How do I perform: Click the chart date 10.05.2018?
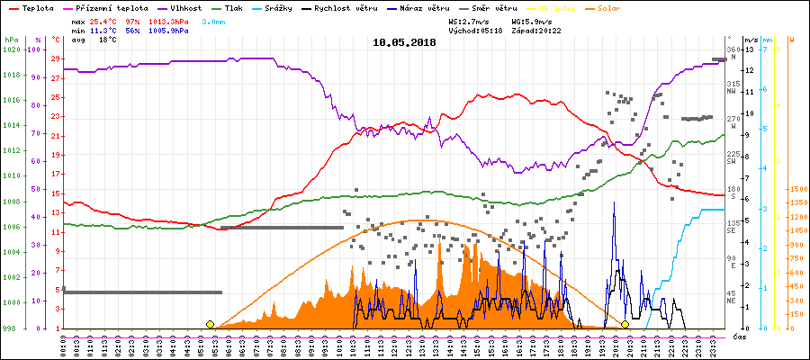pyautogui.click(x=404, y=42)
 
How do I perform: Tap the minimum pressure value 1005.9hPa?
pyautogui.click(x=169, y=31)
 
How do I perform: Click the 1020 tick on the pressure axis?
pyautogui.click(x=11, y=49)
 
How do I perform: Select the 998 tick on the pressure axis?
pyautogui.click(x=11, y=328)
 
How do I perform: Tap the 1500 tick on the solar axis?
pyautogui.click(x=796, y=190)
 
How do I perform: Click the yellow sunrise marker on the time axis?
pyautogui.click(x=210, y=324)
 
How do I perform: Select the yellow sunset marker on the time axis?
pyautogui.click(x=625, y=324)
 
